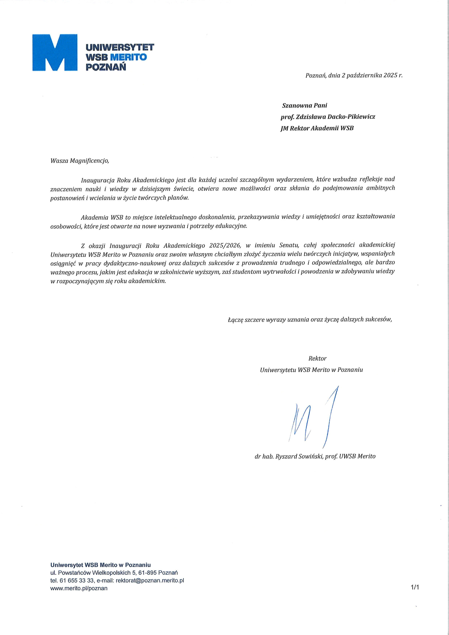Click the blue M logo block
(55, 53)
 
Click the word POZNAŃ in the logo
(106, 67)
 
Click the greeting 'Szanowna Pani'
(304, 105)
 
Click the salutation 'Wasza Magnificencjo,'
(80, 161)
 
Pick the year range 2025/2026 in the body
(225, 245)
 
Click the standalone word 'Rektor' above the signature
(317, 359)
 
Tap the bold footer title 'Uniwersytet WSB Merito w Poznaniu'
(100, 565)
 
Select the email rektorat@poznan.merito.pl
(150, 580)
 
